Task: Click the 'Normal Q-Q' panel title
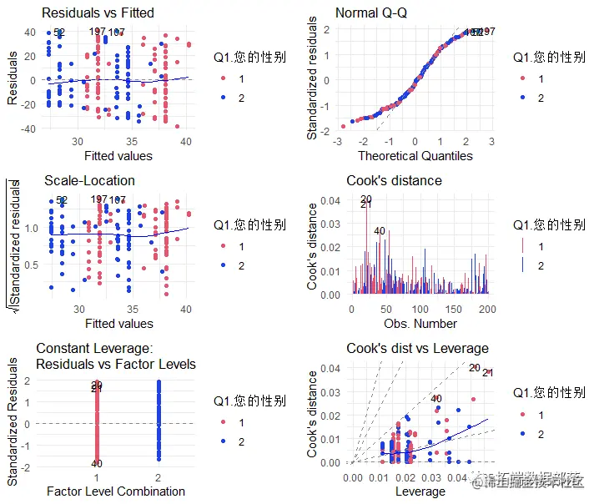coord(376,13)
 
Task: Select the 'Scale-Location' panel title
coord(89,180)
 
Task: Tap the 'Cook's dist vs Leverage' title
coord(417,348)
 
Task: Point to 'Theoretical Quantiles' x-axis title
coord(415,155)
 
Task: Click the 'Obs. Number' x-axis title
coord(420,323)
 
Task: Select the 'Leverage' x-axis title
coord(420,491)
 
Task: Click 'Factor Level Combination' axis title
coord(116,491)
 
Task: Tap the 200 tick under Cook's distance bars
coord(487,310)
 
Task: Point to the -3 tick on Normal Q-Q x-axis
coord(337,142)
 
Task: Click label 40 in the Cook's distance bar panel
coord(380,231)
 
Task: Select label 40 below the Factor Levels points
coord(97,464)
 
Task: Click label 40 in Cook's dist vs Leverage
coord(435,399)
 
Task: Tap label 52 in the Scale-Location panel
coord(59,200)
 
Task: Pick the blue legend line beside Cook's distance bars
coord(522,265)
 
